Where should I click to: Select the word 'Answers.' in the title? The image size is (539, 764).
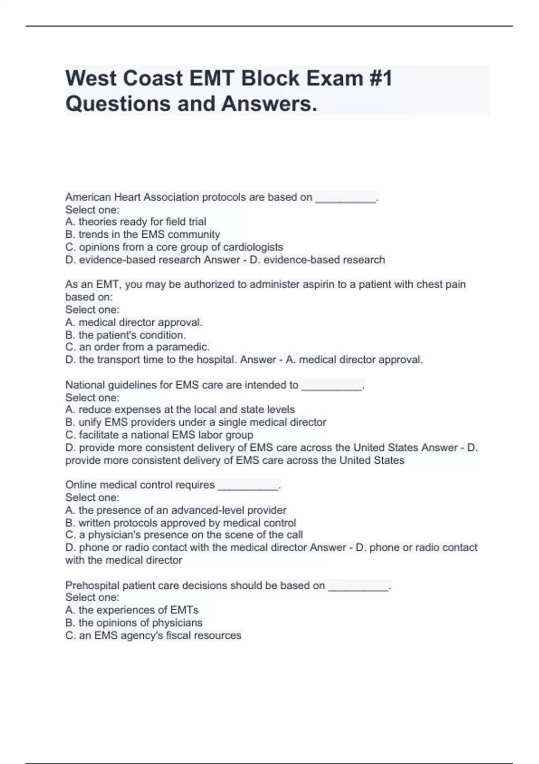click(x=269, y=104)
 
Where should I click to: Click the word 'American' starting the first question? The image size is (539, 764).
click(x=88, y=197)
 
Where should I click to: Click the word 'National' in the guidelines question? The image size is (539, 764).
click(x=85, y=385)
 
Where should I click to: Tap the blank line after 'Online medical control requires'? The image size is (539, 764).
click(x=248, y=487)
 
